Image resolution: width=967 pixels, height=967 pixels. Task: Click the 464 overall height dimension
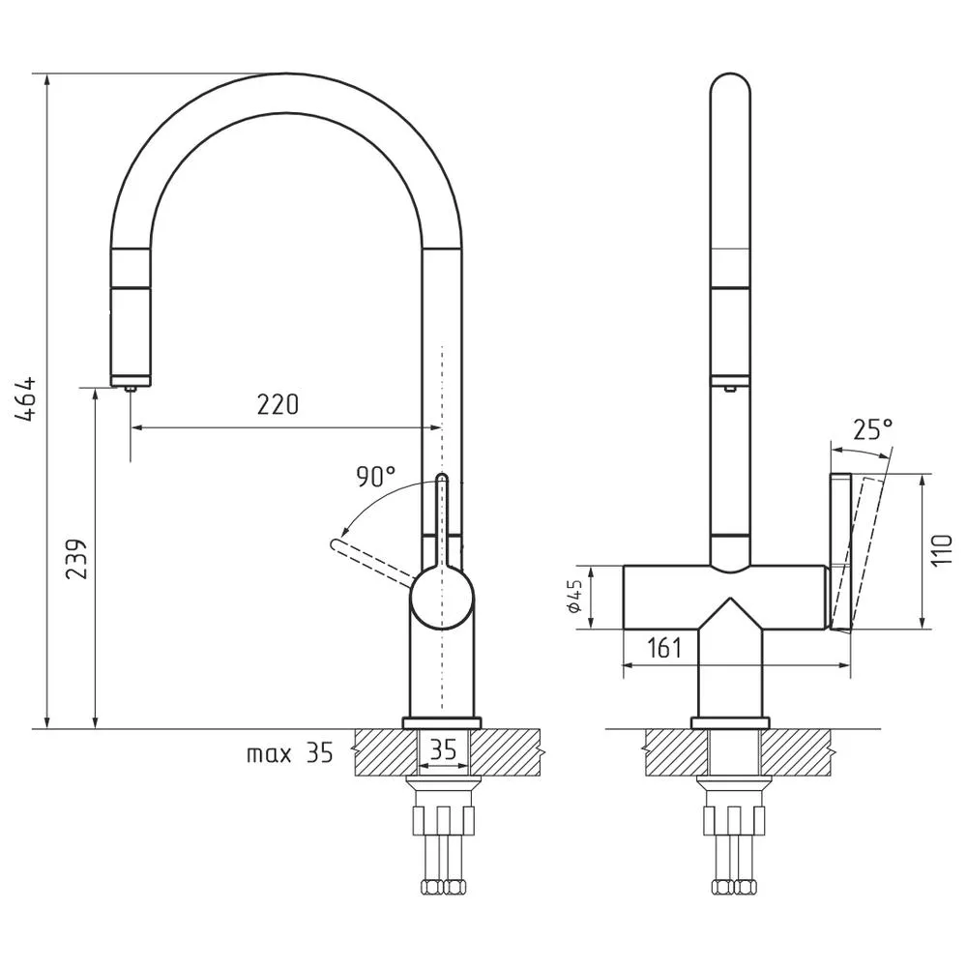[26, 399]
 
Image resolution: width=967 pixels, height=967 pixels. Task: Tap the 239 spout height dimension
[76, 559]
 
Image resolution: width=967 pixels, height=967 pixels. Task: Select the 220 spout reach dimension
[278, 404]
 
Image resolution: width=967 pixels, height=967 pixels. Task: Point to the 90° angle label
[375, 477]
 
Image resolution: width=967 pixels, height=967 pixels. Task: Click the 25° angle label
[873, 430]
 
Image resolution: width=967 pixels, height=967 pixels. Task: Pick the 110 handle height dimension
[942, 551]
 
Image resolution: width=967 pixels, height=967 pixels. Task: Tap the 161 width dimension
[664, 648]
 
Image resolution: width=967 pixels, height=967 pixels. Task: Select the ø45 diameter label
[574, 597]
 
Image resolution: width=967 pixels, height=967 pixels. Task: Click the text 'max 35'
[290, 753]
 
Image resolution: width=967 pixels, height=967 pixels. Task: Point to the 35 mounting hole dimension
[443, 750]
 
